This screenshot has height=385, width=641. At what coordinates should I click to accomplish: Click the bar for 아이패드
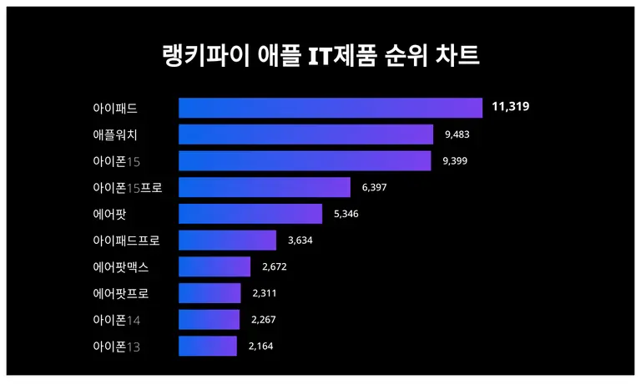pos(331,108)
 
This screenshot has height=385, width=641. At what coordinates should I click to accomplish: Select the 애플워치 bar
pos(305,134)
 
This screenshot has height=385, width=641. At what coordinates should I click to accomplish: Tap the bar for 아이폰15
pos(305,160)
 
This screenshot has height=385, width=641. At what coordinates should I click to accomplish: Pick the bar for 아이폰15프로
pos(265,187)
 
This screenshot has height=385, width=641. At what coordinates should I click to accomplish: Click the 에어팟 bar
pos(250,214)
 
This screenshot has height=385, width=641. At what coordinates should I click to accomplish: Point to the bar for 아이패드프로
pos(227,241)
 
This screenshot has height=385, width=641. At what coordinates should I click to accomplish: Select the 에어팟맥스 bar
pos(215,266)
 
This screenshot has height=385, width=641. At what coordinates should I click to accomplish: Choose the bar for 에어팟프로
pos(209,293)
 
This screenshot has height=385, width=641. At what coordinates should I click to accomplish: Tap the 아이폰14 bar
pos(209,319)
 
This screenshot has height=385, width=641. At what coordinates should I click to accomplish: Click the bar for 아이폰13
pos(208,346)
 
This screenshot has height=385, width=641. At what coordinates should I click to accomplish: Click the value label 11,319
pos(511,107)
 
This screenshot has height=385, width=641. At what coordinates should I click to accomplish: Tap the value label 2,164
pos(261,346)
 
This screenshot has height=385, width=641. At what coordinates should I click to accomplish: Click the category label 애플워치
pos(115,134)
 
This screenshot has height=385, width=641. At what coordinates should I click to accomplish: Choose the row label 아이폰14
pos(116,320)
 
